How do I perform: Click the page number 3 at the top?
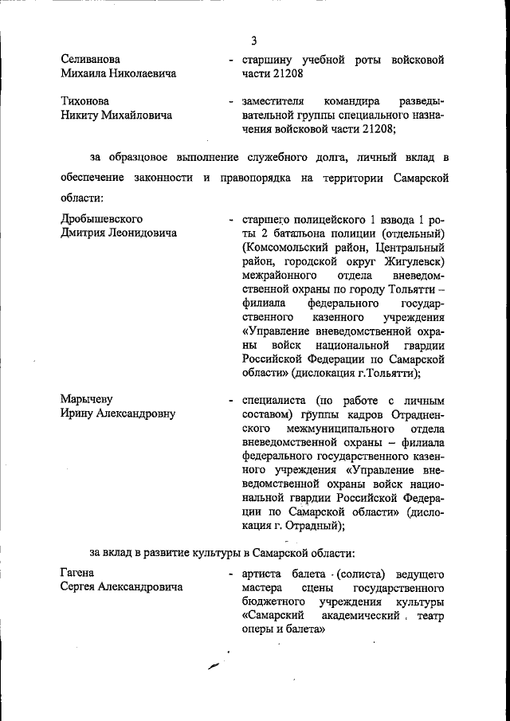click(254, 41)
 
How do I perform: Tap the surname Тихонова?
click(85, 102)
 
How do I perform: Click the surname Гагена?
click(77, 573)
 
